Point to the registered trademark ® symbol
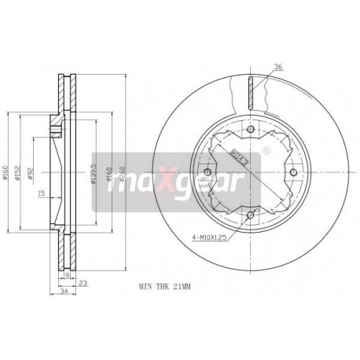pos(265,149)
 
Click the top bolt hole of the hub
pos(250,131)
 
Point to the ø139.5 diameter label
pos(94,174)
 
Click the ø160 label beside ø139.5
pos(110,174)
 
